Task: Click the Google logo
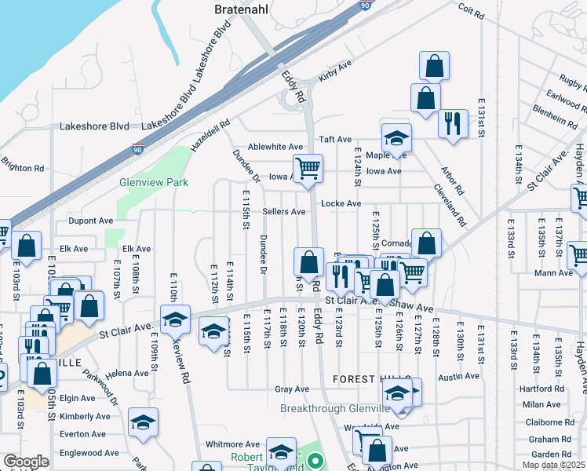[x=25, y=462]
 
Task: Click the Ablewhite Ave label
[x=275, y=147]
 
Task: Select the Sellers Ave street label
[x=283, y=211]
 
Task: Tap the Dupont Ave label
[x=91, y=221]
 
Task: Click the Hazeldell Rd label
[x=210, y=135]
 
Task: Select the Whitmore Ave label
[x=232, y=444]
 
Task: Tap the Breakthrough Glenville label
[x=335, y=408]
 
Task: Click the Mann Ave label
[x=556, y=273]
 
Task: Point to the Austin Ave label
[x=458, y=377]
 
